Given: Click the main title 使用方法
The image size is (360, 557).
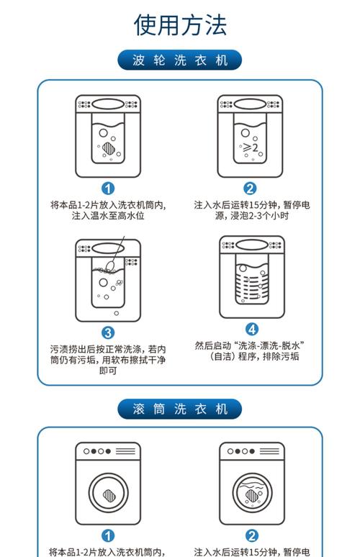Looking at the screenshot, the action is pos(180,25).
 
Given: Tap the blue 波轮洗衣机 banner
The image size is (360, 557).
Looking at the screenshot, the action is pos(180,60).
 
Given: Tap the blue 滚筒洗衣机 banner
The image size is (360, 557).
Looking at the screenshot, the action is pos(180,409).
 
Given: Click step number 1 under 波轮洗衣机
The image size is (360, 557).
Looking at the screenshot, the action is pos(108,189).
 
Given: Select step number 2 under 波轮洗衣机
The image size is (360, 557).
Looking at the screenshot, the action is pos(250,189).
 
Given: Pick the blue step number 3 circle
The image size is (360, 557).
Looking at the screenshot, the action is pos(108,333).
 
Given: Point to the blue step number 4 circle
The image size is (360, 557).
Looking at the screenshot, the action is pos(252,330).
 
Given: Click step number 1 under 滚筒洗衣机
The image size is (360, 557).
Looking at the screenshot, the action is pos(108,536).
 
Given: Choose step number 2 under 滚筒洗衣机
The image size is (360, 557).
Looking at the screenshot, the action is pos(252,536).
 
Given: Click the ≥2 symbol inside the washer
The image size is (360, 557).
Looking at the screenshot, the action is pos(251,147).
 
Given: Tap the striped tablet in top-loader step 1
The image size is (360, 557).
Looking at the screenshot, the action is pos(109,148).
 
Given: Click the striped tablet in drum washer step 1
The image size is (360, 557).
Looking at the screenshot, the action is pos(109,495).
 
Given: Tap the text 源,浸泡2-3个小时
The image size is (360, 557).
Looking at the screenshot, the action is pos(252,216).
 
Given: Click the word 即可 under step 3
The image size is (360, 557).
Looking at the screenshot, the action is pos(108,371).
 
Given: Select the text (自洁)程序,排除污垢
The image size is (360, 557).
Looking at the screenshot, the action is pos(253,356).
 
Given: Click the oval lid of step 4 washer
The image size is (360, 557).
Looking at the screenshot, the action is pos(252,245).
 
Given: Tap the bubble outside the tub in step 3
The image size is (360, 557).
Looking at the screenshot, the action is pos(116,313).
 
